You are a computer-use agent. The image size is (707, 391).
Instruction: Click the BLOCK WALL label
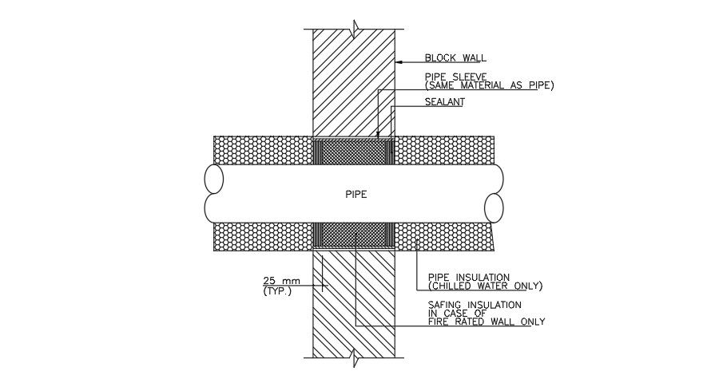tap(455, 57)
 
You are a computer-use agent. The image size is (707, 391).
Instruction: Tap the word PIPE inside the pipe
tap(355, 194)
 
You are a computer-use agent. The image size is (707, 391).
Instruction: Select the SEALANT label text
tap(444, 102)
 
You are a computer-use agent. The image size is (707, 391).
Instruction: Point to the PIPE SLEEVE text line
tap(456, 77)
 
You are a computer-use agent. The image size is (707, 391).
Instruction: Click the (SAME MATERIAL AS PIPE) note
tap(489, 85)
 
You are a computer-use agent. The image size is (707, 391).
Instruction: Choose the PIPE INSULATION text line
tap(469, 277)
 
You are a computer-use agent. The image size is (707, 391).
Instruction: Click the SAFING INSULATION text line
tap(475, 305)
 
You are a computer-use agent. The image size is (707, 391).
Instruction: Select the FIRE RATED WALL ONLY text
tap(487, 322)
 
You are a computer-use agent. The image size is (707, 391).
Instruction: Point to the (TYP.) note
tap(277, 291)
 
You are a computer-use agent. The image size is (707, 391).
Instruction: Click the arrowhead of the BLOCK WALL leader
tap(399, 59)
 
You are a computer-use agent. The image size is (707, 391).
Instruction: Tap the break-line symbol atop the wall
tap(354, 25)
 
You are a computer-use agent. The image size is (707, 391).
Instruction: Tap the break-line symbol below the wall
tap(354, 361)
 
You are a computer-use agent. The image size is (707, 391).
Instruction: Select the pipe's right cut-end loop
tap(495, 208)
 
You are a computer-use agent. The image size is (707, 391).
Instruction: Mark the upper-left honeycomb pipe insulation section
tap(262, 150)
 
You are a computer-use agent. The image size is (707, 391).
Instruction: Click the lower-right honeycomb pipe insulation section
tap(444, 236)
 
